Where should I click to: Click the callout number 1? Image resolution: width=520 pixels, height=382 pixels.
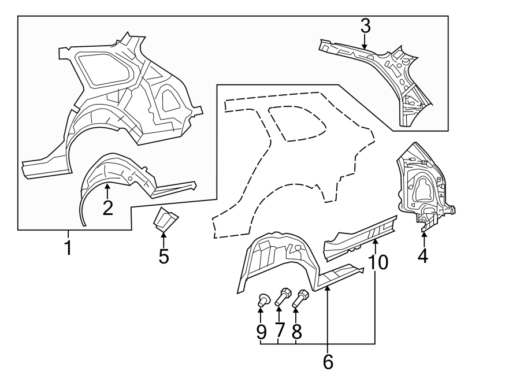[x=68, y=249]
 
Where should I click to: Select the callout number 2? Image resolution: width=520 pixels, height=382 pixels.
[x=107, y=207]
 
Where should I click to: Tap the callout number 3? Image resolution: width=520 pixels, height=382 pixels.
[x=365, y=26]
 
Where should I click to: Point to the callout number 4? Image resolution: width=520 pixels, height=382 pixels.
[x=423, y=255]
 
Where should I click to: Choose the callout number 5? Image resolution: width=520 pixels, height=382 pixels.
[x=164, y=256]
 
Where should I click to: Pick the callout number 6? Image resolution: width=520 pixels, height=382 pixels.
[x=328, y=362]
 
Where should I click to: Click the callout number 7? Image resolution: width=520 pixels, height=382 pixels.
[x=280, y=331]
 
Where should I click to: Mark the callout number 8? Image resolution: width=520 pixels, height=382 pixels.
[x=297, y=331]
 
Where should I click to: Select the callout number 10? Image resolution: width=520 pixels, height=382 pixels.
[x=378, y=262]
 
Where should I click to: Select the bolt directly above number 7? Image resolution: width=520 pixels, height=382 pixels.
[x=283, y=296]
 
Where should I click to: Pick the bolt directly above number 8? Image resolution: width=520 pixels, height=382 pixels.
[x=301, y=298]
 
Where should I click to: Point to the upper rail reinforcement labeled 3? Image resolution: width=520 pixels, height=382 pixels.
[x=381, y=69]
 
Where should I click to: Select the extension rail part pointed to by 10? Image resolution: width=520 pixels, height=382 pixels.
[x=358, y=237]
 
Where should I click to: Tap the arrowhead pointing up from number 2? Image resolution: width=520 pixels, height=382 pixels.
[x=107, y=186]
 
